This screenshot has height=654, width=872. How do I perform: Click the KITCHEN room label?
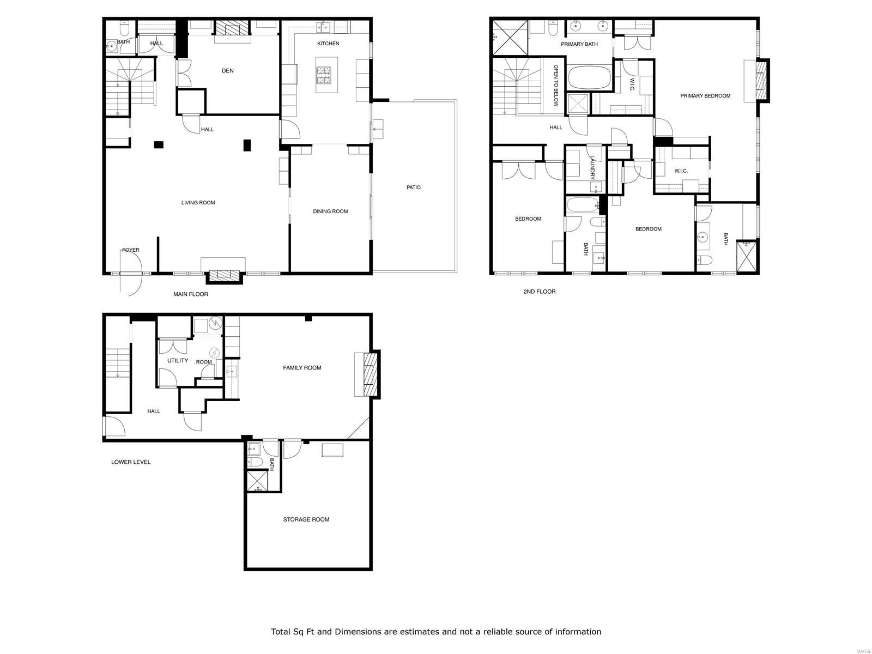point(328,44)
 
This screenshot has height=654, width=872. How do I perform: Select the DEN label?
point(228,71)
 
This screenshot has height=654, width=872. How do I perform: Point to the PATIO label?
point(414,187)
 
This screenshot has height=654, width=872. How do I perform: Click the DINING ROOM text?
point(330,211)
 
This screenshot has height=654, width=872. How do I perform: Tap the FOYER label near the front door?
point(131,250)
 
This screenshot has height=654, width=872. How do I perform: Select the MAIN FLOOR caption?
point(191,294)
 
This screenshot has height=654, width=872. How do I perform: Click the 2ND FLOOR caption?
point(540,292)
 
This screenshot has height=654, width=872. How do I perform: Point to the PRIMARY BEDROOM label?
point(705,96)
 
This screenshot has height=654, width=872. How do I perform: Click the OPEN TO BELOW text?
point(556,86)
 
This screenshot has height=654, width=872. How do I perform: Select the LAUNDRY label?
point(592,167)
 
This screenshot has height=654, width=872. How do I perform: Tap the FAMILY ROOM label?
point(302,368)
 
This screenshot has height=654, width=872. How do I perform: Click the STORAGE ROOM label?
point(306,519)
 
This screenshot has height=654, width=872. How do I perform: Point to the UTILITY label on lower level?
point(178,361)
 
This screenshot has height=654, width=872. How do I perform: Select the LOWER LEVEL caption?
point(131,462)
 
